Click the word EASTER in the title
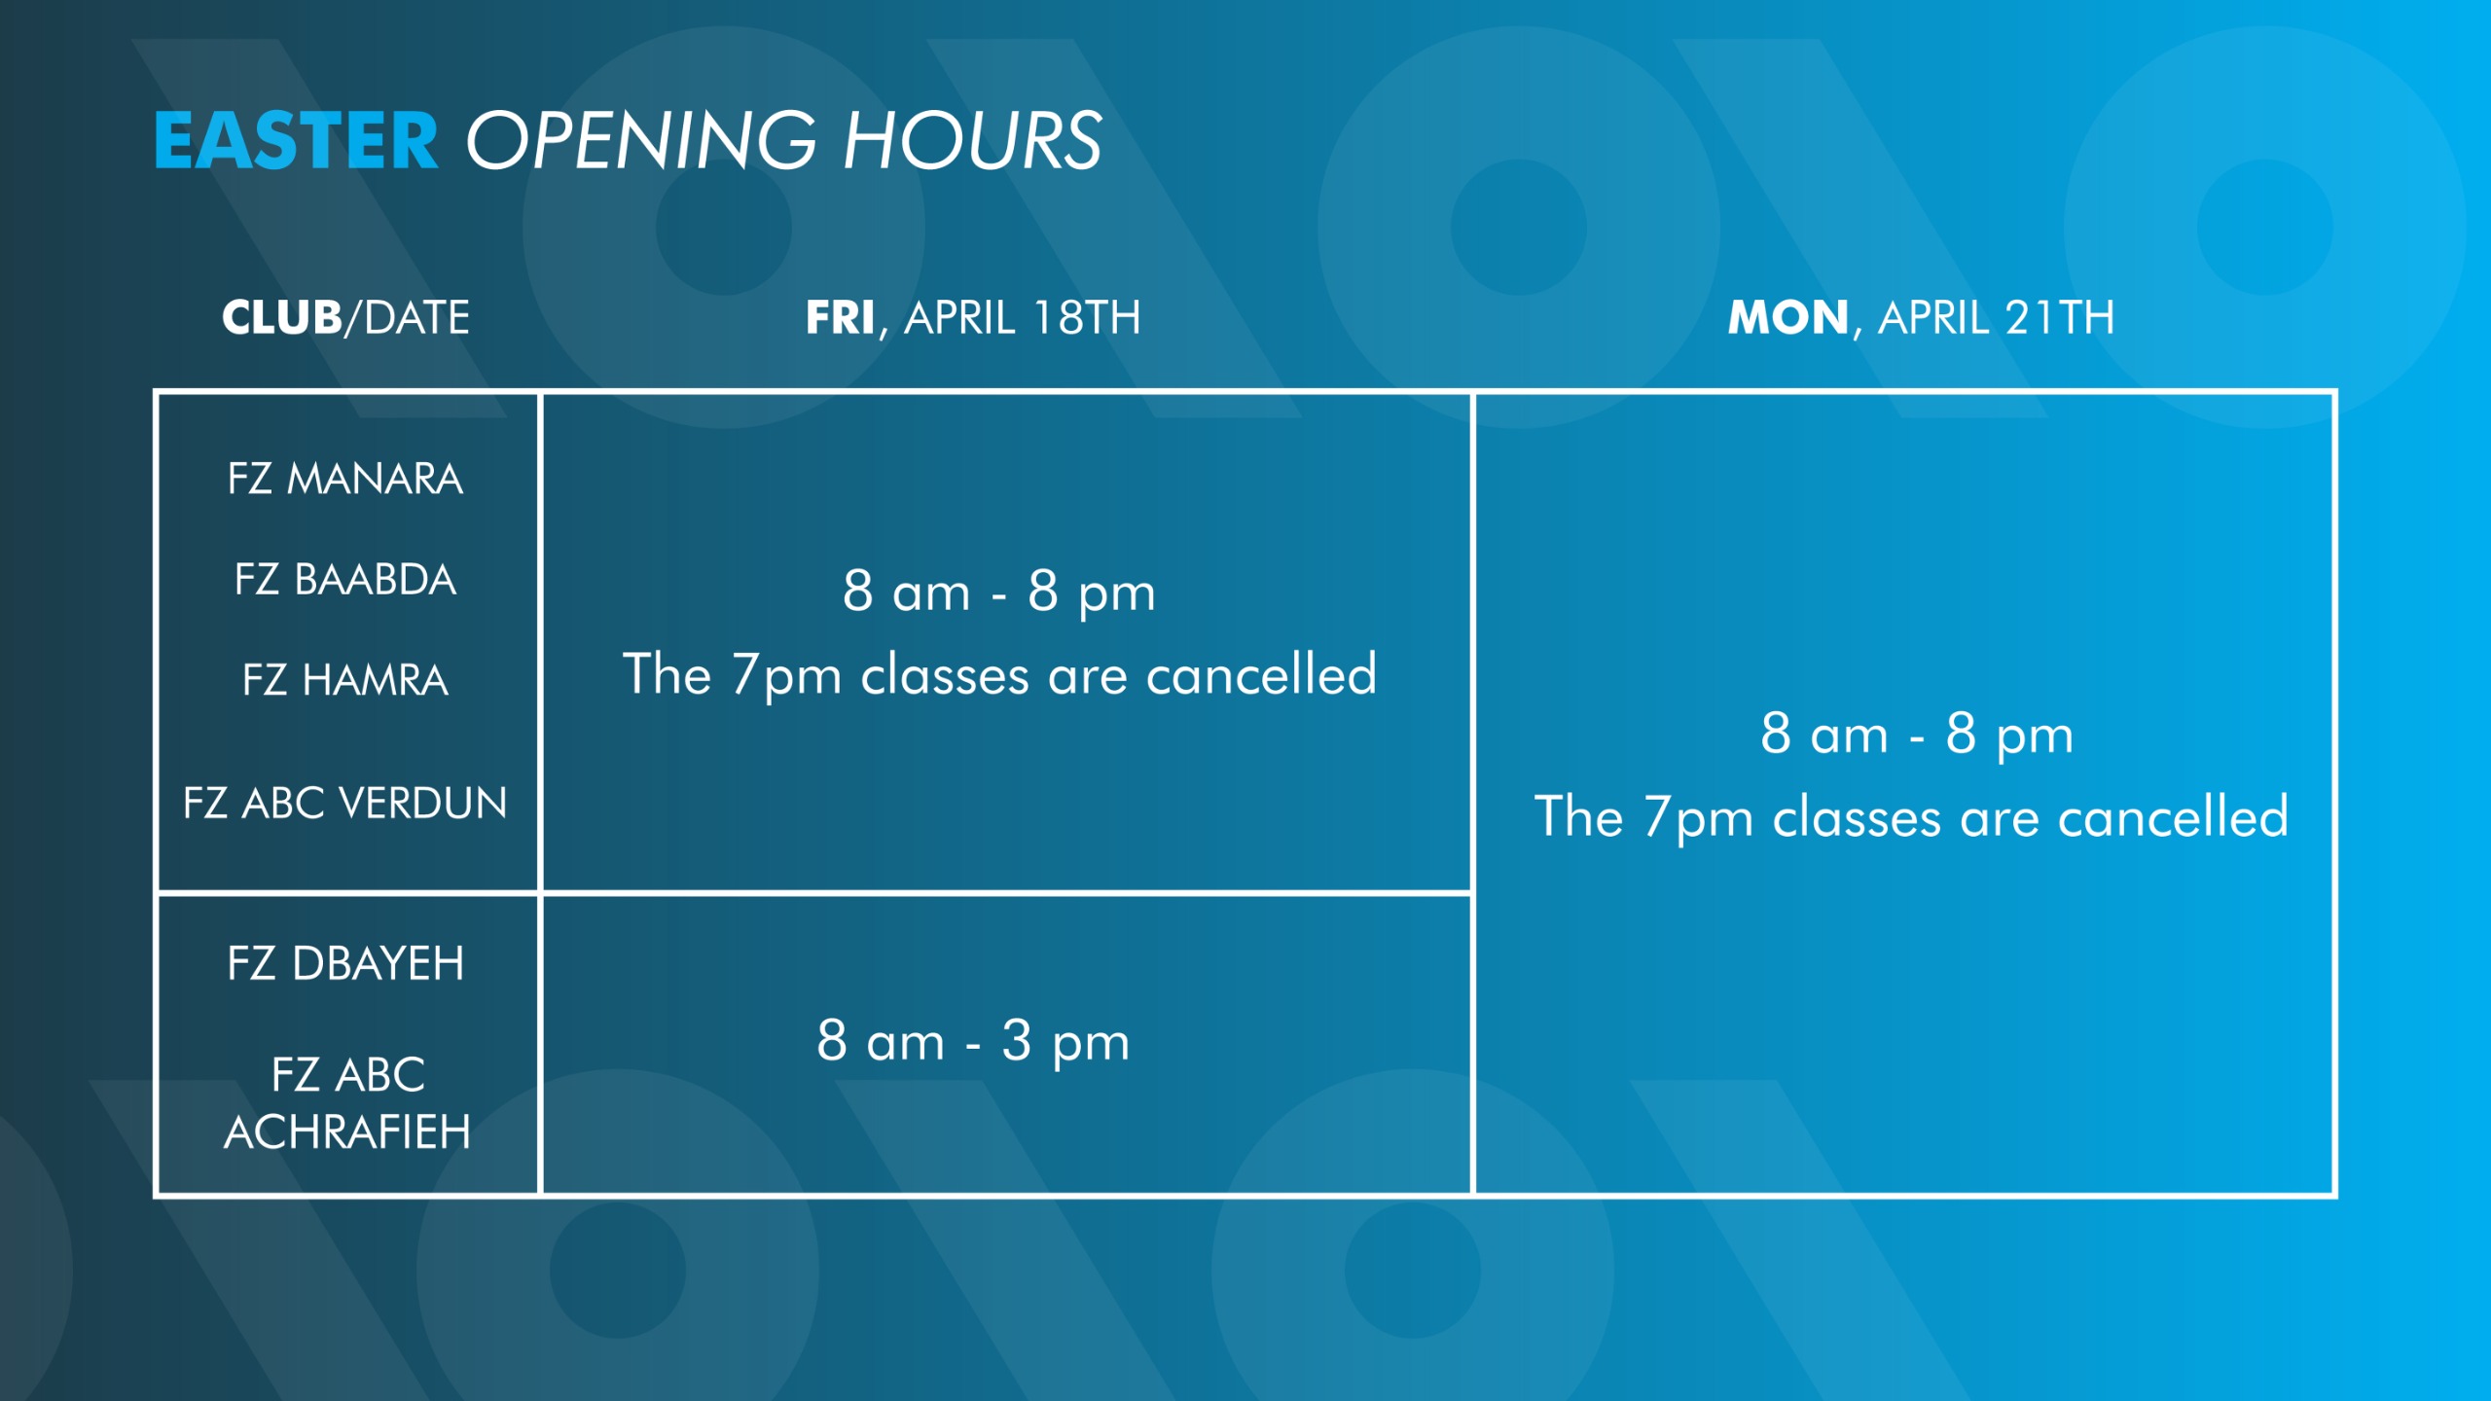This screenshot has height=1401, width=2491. pyautogui.click(x=296, y=140)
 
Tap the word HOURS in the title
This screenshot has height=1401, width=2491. pyautogui.click(x=972, y=140)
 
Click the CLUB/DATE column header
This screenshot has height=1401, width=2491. pyautogui.click(x=345, y=317)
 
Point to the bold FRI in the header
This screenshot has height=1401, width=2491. pyautogui.click(x=840, y=317)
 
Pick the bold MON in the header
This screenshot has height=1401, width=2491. pyautogui.click(x=1788, y=317)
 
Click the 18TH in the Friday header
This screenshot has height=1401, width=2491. pyautogui.click(x=1086, y=317)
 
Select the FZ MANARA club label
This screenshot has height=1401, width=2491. pyautogui.click(x=345, y=479)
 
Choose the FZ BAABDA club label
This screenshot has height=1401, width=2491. pyautogui.click(x=345, y=579)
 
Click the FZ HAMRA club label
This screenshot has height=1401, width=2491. pyautogui.click(x=345, y=679)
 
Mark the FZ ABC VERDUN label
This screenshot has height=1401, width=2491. pyautogui.click(x=345, y=803)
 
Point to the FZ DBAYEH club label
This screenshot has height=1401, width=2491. pyautogui.click(x=345, y=963)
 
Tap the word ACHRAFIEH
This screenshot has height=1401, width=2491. pyautogui.click(x=347, y=1132)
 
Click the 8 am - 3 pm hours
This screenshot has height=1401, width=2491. pyautogui.click(x=973, y=1041)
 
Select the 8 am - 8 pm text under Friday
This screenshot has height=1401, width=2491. pyautogui.click(x=999, y=592)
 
